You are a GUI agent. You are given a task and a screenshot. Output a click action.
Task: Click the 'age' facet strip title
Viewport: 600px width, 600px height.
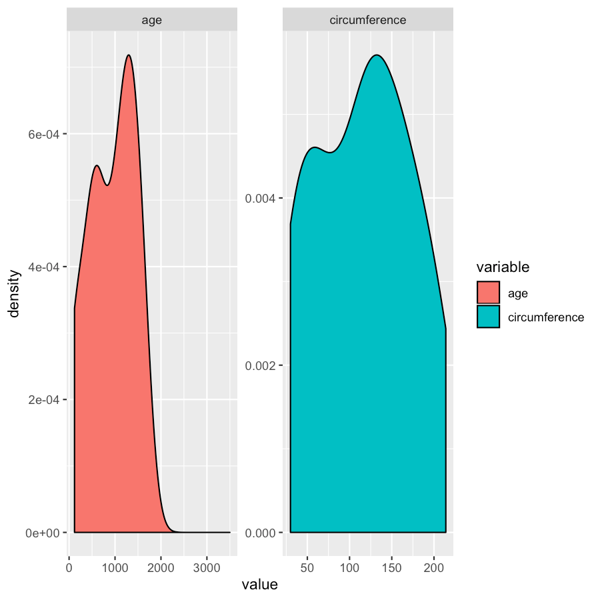click(152, 20)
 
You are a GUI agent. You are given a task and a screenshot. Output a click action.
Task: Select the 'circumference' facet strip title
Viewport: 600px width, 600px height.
click(368, 20)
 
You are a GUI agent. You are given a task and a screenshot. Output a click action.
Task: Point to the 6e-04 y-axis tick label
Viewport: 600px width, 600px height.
click(43, 134)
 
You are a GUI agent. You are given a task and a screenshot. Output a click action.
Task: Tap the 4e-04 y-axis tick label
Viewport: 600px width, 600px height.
click(43, 267)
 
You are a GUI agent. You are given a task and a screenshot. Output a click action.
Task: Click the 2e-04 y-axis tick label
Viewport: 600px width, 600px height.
click(43, 399)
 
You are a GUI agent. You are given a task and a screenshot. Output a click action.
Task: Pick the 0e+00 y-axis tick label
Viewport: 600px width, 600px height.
click(43, 533)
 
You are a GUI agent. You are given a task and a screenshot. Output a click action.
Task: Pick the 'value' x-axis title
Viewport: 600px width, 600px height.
click(259, 585)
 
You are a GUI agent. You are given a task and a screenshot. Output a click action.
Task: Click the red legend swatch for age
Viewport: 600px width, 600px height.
click(488, 293)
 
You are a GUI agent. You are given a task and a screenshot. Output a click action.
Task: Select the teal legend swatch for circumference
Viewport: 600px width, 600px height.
click(488, 317)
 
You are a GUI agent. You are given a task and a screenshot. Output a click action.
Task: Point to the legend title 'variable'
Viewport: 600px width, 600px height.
click(503, 267)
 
